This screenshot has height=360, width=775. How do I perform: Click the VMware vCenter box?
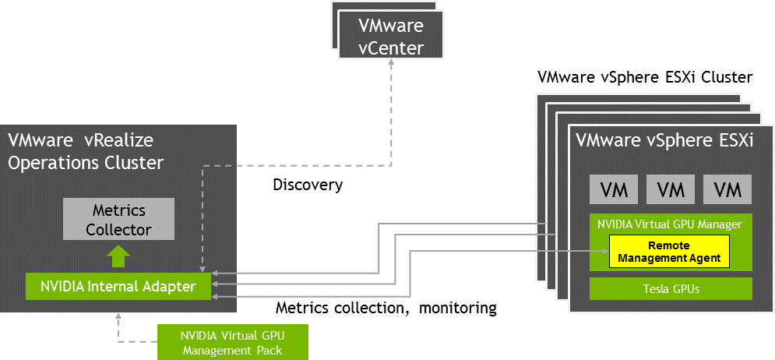(x=391, y=36)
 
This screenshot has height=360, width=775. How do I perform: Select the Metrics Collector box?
(x=118, y=221)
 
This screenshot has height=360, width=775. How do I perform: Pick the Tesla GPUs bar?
(x=671, y=288)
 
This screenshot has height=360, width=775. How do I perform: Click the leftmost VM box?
(x=614, y=189)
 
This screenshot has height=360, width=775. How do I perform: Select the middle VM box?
(x=671, y=189)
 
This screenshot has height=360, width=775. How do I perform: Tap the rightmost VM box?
(x=727, y=189)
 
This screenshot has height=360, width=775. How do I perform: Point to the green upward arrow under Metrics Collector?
(x=118, y=256)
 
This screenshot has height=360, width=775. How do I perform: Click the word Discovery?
(x=308, y=185)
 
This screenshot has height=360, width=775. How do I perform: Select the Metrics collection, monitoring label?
(x=386, y=308)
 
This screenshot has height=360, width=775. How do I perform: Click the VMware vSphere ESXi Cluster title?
(x=645, y=78)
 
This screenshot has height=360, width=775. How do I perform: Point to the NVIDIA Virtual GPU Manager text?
(x=669, y=224)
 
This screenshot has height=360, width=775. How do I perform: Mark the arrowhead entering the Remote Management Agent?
(x=604, y=251)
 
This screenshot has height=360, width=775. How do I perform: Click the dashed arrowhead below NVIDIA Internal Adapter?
(x=118, y=316)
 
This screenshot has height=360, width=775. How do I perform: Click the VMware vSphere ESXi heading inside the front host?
(x=664, y=141)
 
